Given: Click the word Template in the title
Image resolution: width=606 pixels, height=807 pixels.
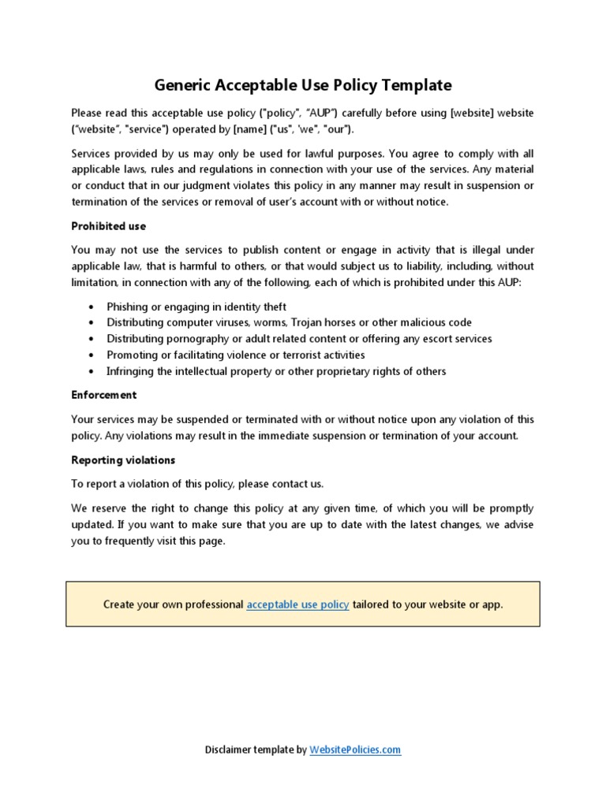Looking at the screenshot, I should click(x=414, y=84).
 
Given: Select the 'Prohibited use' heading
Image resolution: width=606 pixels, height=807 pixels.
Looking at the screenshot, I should click(x=108, y=226).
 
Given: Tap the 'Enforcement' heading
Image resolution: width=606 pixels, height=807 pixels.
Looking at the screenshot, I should click(x=103, y=395).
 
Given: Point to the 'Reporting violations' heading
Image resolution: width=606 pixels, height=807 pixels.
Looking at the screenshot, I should click(x=123, y=459).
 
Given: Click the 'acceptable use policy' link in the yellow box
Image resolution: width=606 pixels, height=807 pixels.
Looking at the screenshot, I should click(x=297, y=604).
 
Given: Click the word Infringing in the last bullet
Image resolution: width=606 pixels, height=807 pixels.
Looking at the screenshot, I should click(x=132, y=371).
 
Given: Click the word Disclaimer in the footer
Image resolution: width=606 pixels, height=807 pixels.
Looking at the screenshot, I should click(x=229, y=750).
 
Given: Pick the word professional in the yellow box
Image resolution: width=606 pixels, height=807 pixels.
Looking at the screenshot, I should click(x=208, y=604).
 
